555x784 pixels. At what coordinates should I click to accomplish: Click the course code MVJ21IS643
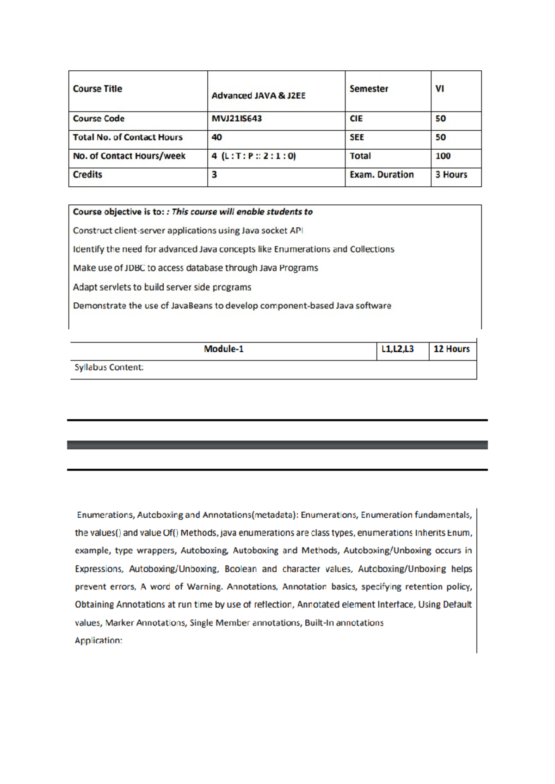236,119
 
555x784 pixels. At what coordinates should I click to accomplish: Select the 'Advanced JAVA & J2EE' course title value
258,96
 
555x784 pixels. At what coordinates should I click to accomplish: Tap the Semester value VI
439,89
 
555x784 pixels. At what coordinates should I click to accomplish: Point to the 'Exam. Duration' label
382,175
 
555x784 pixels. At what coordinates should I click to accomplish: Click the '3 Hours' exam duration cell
451,175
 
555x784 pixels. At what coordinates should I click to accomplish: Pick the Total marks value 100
443,156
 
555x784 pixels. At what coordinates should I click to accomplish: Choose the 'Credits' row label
87,175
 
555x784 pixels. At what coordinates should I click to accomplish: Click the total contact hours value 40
216,137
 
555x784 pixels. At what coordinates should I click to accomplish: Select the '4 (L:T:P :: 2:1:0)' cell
253,156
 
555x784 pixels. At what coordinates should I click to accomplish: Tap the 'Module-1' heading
223,349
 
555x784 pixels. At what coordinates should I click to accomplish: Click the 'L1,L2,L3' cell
397,349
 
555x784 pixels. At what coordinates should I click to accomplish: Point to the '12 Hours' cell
451,349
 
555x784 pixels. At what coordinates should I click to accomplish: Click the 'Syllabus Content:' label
109,367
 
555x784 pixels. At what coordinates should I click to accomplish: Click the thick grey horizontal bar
277,445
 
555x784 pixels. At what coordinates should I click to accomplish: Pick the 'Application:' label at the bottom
99,641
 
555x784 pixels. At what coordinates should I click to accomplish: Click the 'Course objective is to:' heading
118,212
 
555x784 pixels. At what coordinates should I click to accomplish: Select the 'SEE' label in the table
357,137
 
